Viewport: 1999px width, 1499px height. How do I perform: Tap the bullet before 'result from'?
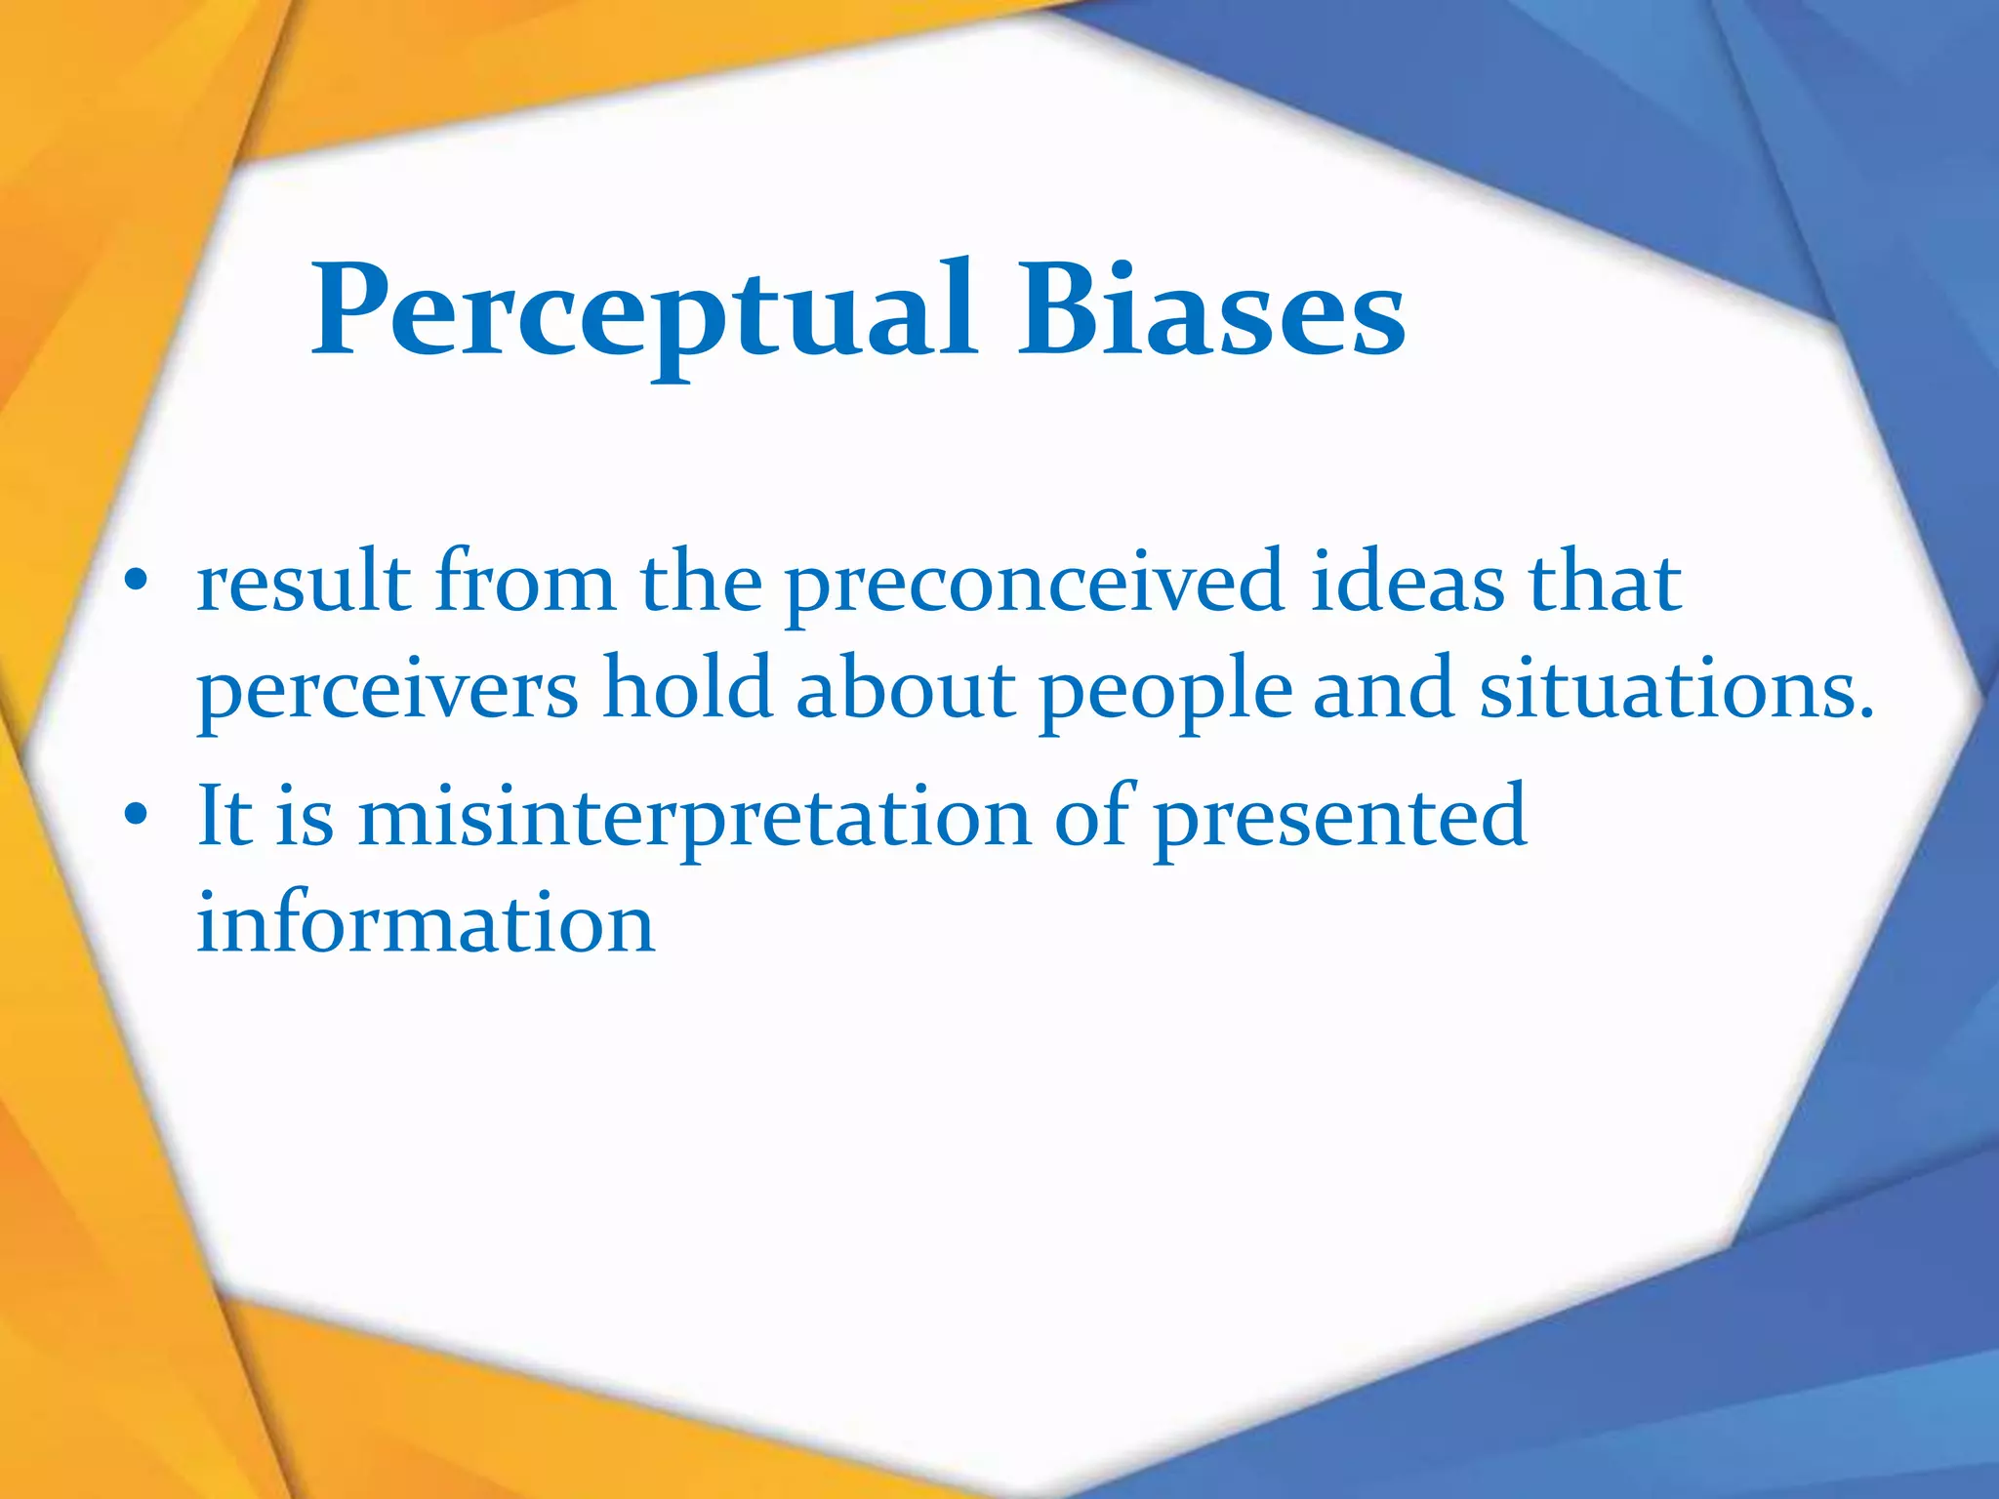point(136,583)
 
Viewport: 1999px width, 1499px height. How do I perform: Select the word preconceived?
point(1034,586)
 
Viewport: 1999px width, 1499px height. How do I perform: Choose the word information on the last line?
point(426,922)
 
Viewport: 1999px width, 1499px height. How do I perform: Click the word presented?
point(1339,818)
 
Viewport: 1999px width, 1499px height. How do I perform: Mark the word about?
point(906,689)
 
